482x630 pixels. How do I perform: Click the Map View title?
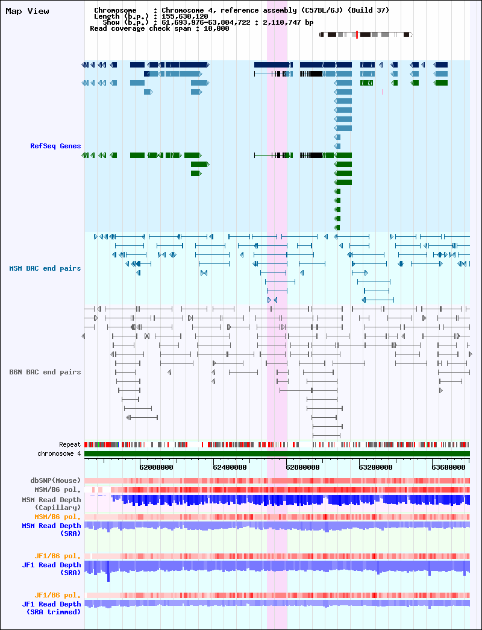(27, 11)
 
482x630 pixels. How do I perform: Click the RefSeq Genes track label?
(55, 146)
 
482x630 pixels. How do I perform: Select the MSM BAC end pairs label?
(45, 268)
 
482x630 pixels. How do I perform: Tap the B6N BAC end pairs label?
(45, 372)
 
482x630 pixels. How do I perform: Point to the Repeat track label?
(70, 444)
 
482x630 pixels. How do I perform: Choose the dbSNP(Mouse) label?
(55, 480)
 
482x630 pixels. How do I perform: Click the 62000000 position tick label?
(156, 467)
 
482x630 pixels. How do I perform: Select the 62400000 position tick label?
(230, 467)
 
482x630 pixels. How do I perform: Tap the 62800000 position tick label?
(302, 467)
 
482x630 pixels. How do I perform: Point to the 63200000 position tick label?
(375, 467)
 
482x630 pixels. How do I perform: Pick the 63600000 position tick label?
(449, 467)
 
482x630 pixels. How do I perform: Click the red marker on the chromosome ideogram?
(357, 34)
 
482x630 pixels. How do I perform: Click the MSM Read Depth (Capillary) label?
(51, 504)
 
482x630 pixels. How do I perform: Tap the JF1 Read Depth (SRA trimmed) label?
(51, 608)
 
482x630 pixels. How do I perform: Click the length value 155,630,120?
(185, 16)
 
